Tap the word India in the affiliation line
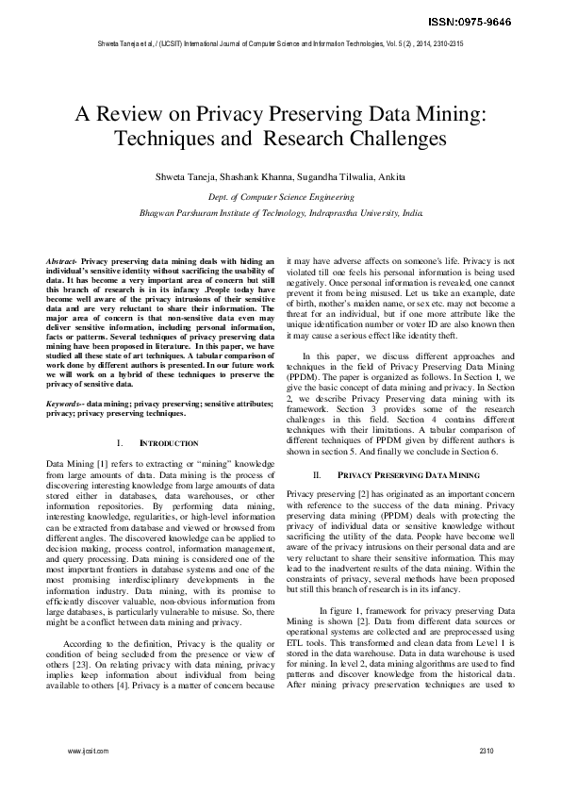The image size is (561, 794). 413,213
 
